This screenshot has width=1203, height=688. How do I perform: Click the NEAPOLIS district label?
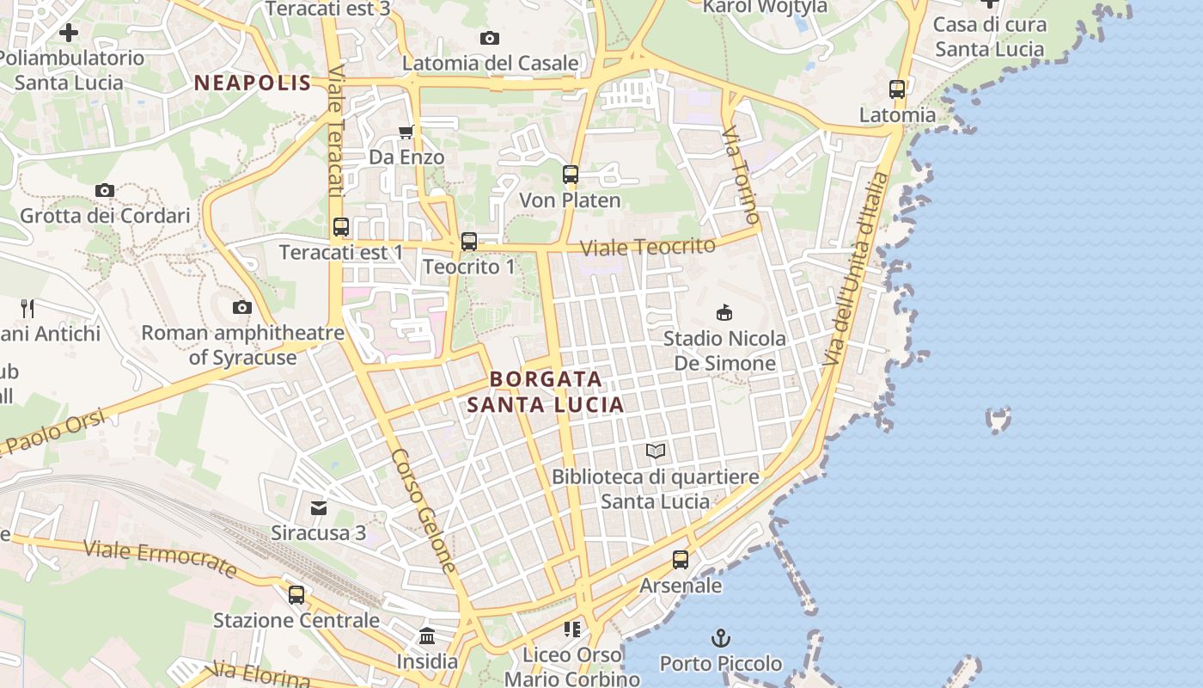(x=252, y=83)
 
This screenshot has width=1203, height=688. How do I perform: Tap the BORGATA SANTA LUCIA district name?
(x=546, y=391)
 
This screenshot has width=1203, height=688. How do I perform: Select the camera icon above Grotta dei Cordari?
(x=105, y=190)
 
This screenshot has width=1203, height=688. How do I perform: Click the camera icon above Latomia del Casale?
(x=490, y=38)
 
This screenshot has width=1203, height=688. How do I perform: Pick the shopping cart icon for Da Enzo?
(x=406, y=132)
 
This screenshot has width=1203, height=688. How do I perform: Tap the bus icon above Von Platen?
(x=571, y=175)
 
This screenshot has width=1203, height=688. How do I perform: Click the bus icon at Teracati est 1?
(x=341, y=227)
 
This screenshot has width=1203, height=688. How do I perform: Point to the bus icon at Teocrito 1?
(x=469, y=242)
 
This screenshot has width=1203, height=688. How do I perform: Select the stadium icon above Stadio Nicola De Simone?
(x=724, y=312)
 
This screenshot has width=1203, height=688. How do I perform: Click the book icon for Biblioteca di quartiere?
(x=656, y=451)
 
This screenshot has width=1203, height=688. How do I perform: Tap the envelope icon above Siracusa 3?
(x=319, y=507)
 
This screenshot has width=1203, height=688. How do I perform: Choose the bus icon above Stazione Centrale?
(x=296, y=594)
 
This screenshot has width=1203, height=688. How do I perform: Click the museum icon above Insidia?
(x=427, y=636)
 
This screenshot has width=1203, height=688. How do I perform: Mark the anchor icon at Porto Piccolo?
(x=721, y=638)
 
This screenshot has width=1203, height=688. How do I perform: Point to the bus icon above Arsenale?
(x=681, y=560)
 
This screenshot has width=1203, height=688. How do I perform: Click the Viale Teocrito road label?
(x=647, y=247)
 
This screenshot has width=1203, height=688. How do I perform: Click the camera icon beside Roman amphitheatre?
(x=242, y=307)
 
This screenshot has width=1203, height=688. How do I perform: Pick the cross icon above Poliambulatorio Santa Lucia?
(x=69, y=33)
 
